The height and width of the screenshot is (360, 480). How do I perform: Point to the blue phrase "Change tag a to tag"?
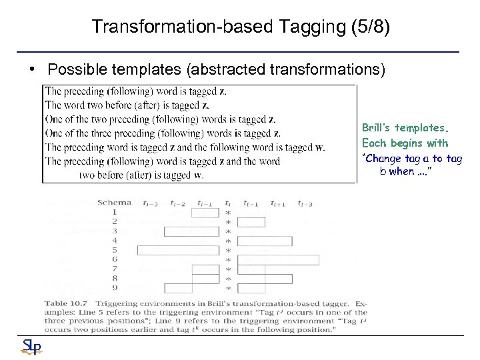pos(412,159)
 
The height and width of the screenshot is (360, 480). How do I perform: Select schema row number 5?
pos(115,250)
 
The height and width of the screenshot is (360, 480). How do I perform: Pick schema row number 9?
pos(115,288)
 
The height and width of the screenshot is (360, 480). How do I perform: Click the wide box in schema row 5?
pos(177,250)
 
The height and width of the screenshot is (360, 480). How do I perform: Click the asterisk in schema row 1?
pos(229,213)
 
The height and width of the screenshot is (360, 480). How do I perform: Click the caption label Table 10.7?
pos(65,303)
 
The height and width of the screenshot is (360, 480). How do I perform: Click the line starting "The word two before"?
pos(127,105)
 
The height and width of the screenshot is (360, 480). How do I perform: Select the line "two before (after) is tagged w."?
pos(141,175)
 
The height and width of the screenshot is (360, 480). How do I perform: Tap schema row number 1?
pos(115,212)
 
